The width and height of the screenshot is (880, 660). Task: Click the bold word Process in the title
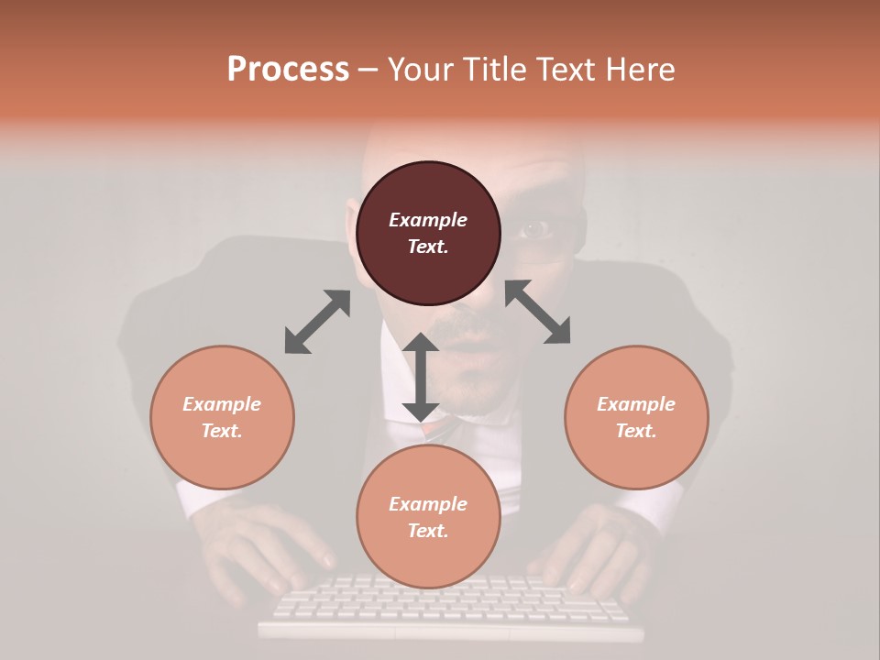click(x=288, y=70)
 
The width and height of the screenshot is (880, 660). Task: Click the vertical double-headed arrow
click(x=421, y=377)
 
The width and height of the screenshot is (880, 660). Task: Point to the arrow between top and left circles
click(x=317, y=322)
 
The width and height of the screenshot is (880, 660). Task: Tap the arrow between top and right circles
click(x=538, y=312)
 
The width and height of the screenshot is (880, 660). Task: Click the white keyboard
click(x=449, y=605)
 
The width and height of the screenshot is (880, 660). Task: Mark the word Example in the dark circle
click(x=428, y=220)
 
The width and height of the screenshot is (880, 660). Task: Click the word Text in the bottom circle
click(x=428, y=531)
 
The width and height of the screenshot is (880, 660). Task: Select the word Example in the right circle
click(x=636, y=404)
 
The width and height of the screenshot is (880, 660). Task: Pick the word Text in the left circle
click(x=222, y=431)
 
